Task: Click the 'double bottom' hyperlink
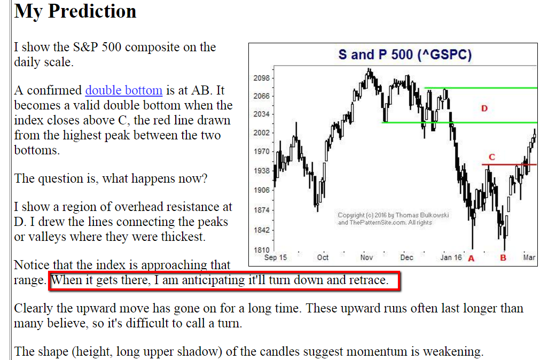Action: [x=124, y=90]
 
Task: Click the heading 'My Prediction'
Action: [x=75, y=11]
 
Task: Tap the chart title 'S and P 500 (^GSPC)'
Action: [x=405, y=55]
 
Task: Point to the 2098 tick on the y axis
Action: [x=262, y=78]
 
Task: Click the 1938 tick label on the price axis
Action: [x=262, y=170]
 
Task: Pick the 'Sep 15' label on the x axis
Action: [x=276, y=257]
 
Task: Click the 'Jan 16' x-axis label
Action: [x=451, y=257]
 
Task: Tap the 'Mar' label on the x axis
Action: [x=529, y=257]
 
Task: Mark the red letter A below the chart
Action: [x=471, y=259]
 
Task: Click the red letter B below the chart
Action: [x=503, y=258]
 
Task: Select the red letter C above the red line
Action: [x=492, y=157]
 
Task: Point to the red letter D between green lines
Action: [x=484, y=108]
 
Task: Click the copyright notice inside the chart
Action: [x=393, y=219]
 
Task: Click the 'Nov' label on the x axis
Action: [x=366, y=257]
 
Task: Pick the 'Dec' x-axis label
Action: [x=406, y=257]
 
